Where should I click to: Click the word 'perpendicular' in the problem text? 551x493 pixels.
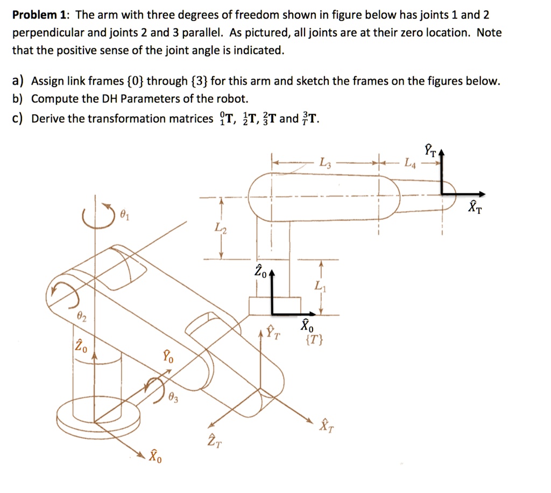[x=45, y=33]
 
